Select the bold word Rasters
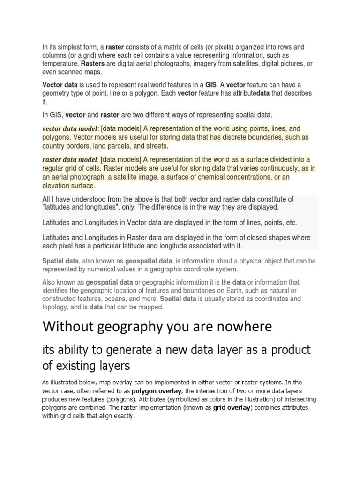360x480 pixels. tap(93, 64)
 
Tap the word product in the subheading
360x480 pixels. tap(290, 350)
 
